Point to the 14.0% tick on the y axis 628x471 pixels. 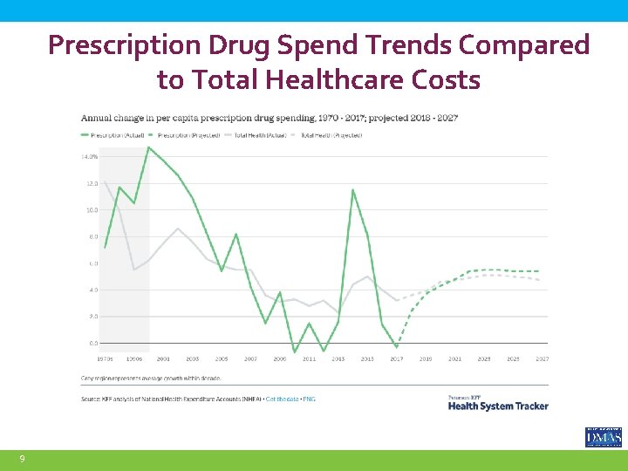(89, 157)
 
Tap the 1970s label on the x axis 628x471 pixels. (106, 358)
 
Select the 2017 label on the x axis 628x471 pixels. (397, 358)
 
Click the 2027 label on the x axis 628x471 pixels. (542, 358)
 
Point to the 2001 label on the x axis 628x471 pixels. (163, 358)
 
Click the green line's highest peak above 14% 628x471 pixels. (148, 147)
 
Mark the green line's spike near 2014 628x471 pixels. (353, 189)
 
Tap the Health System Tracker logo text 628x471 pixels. (497, 405)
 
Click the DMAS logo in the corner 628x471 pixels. (603, 437)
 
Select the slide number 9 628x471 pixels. (22, 459)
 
